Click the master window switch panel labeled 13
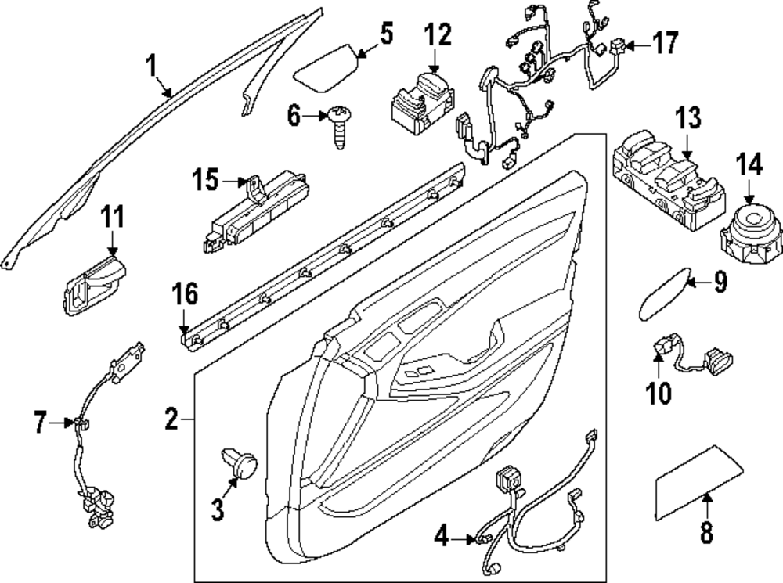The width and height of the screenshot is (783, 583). [666, 178]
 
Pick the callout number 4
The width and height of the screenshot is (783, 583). [442, 537]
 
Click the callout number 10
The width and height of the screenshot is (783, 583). [659, 391]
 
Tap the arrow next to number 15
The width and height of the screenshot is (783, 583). [235, 182]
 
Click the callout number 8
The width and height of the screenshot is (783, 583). [706, 533]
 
